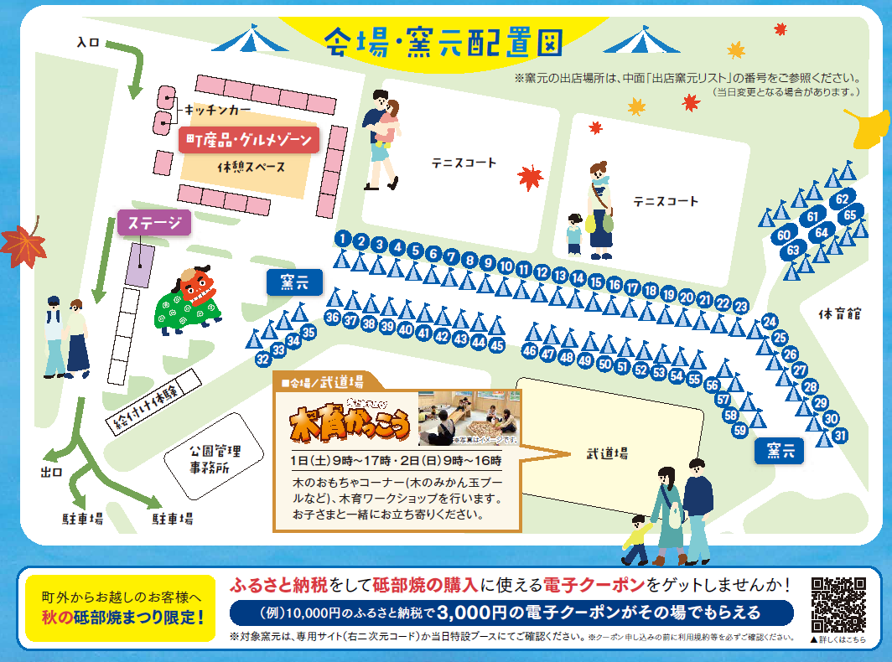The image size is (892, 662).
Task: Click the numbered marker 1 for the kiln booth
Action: [342, 239]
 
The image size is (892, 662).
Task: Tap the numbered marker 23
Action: [740, 307]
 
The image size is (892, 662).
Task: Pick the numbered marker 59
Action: [739, 430]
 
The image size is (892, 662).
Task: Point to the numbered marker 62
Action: [843, 199]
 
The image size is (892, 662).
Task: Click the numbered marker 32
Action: [263, 359]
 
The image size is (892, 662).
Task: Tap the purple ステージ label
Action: [154, 223]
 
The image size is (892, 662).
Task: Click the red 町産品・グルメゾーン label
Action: [248, 140]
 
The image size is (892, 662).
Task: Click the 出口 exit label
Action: [51, 472]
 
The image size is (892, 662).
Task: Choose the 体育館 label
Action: [841, 314]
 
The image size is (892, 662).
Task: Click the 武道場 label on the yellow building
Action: [607, 453]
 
